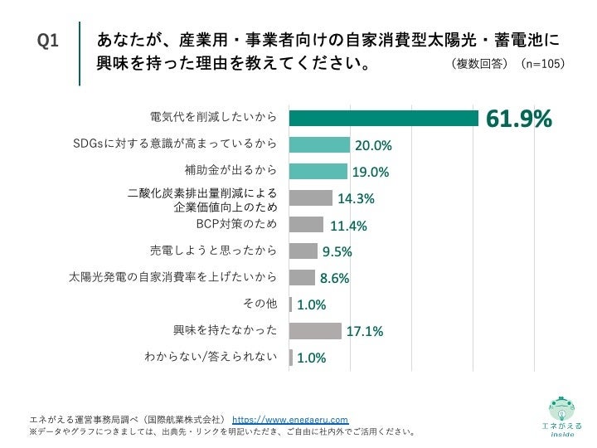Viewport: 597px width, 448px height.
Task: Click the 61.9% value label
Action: (x=518, y=120)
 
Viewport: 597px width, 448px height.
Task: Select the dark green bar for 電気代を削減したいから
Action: (x=385, y=119)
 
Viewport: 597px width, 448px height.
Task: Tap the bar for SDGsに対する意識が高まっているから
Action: (x=319, y=145)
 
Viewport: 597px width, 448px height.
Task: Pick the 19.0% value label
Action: (x=371, y=173)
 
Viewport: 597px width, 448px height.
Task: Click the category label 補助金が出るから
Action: (x=230, y=171)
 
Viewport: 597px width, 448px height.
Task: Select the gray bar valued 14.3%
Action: (x=311, y=197)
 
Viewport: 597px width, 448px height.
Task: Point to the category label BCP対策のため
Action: (x=235, y=224)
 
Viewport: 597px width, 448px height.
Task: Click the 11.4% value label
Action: (x=348, y=226)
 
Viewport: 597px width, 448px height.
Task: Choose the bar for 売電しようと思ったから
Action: (x=303, y=251)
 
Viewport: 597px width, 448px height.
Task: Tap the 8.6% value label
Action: (x=335, y=279)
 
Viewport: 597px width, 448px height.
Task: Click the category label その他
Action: (x=260, y=304)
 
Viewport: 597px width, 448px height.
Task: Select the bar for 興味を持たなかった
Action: (x=315, y=330)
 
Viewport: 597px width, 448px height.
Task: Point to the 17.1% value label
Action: (x=364, y=332)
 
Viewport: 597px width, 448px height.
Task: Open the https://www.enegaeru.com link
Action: (x=290, y=420)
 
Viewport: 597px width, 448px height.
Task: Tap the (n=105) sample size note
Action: (x=543, y=64)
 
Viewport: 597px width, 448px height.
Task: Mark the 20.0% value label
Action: (x=373, y=147)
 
